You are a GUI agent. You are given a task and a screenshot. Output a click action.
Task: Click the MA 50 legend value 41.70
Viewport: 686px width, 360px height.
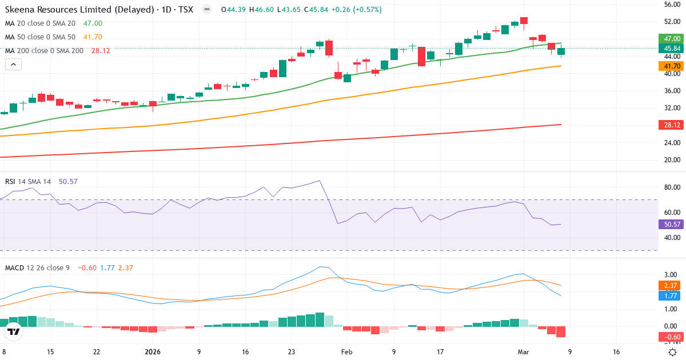93,37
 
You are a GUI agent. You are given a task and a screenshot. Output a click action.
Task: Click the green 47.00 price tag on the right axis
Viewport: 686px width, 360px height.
671,39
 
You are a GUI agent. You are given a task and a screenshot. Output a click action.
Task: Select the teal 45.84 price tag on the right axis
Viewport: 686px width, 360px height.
671,49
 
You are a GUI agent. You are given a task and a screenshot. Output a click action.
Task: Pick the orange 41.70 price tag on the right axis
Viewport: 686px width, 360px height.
671,66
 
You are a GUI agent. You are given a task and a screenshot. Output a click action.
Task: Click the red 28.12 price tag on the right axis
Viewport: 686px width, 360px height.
671,125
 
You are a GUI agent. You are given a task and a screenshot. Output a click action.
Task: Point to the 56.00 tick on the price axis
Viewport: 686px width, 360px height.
671,5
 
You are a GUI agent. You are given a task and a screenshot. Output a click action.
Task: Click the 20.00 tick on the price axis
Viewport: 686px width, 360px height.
671,159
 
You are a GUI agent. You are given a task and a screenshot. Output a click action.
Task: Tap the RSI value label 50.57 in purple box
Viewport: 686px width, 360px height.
671,224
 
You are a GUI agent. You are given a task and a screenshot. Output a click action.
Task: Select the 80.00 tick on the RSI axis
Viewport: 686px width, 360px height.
671,187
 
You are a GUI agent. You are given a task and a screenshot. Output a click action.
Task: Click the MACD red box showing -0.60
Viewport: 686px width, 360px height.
671,337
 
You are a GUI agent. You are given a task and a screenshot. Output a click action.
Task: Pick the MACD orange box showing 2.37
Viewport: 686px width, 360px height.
671,286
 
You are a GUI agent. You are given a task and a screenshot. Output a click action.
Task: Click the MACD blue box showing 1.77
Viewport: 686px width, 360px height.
671,296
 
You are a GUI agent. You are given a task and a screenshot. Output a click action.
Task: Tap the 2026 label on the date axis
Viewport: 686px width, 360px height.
153,352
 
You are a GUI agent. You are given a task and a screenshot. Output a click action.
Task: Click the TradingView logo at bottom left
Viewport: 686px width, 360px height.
14,331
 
